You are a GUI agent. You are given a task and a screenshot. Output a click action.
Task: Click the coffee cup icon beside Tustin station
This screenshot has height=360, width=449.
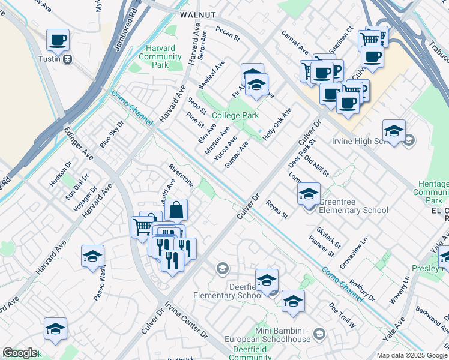pyautogui.click(x=58, y=40)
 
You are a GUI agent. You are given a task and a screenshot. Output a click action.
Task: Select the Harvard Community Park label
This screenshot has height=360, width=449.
pyautogui.click(x=160, y=57)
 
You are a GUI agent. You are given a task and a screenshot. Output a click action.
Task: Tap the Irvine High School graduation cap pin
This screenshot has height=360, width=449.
pyautogui.click(x=393, y=131)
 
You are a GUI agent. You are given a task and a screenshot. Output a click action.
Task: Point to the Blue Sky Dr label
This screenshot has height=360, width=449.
pyautogui.click(x=112, y=134)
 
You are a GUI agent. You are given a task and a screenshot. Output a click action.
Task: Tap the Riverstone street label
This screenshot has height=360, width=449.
pyautogui.click(x=181, y=173)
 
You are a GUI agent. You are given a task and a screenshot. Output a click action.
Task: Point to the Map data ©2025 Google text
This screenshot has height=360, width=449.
pyautogui.click(x=412, y=355)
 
